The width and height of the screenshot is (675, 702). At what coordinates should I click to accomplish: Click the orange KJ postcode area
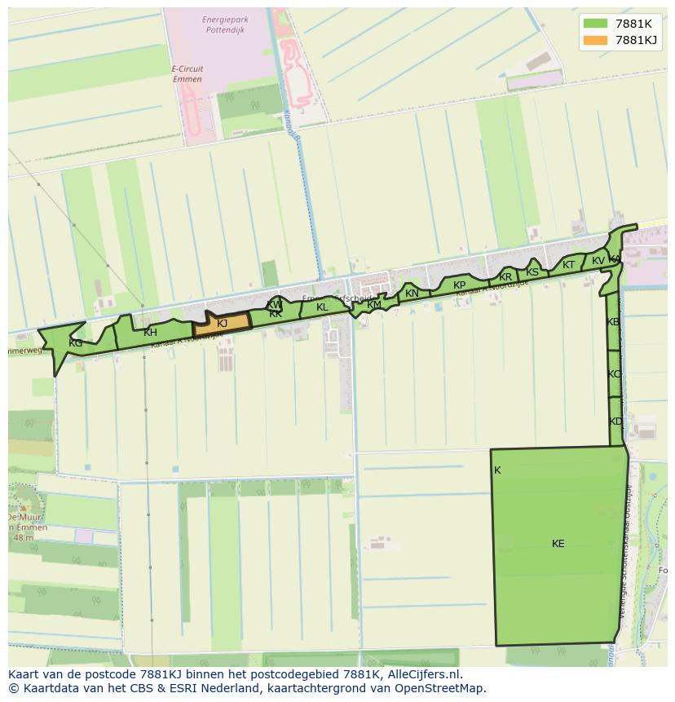(222, 324)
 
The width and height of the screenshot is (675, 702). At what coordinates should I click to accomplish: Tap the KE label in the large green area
(558, 544)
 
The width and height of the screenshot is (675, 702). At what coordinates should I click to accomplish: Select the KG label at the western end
(75, 343)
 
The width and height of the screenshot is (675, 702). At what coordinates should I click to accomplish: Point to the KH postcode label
(150, 333)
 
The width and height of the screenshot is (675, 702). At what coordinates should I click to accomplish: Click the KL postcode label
(322, 307)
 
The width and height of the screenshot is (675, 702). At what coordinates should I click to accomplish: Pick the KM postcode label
(374, 305)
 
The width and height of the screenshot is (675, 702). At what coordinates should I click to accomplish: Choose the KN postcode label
(412, 294)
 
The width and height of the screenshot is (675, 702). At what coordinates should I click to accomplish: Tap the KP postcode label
(459, 285)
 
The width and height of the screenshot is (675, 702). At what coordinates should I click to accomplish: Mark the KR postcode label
(505, 277)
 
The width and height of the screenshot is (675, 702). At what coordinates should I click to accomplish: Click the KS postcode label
(532, 272)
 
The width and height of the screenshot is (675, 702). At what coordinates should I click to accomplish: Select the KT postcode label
(568, 265)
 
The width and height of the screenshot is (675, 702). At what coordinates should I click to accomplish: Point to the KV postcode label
(598, 261)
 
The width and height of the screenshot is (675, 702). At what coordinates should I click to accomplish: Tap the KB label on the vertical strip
(613, 322)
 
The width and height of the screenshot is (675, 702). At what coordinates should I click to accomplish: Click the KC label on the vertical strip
(614, 374)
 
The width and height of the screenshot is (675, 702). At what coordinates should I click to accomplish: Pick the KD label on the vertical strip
(615, 422)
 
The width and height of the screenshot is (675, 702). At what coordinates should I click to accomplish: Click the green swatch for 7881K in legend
(595, 23)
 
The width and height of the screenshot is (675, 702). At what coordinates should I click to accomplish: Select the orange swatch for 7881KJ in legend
(595, 40)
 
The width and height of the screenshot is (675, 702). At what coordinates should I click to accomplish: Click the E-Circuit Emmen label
(187, 74)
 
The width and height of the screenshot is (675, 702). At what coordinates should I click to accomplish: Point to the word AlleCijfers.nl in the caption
(415, 674)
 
